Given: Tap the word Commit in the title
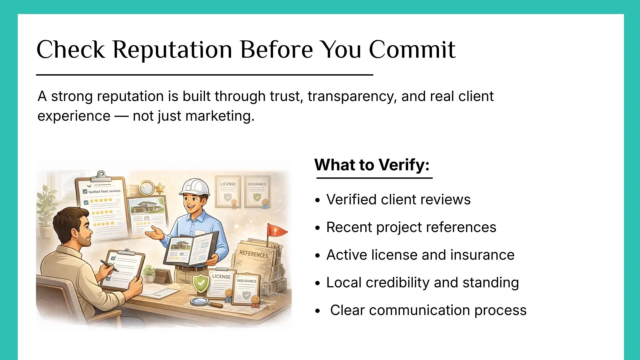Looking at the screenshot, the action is [412, 49].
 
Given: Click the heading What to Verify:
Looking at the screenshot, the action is [372, 165].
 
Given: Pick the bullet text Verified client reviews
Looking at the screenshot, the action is [398, 199].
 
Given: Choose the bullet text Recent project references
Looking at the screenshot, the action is [411, 227].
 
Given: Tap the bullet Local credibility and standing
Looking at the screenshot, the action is [423, 283].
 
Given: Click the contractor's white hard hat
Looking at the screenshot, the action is [194, 187].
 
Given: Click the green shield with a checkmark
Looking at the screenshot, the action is [201, 284].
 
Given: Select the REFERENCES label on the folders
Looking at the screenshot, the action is [254, 254].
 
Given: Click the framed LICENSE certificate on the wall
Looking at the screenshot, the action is [228, 192].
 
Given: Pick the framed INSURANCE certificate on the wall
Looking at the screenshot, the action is [257, 192].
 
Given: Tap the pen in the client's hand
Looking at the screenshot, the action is [109, 266].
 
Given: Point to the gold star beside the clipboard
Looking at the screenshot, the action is [160, 188].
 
